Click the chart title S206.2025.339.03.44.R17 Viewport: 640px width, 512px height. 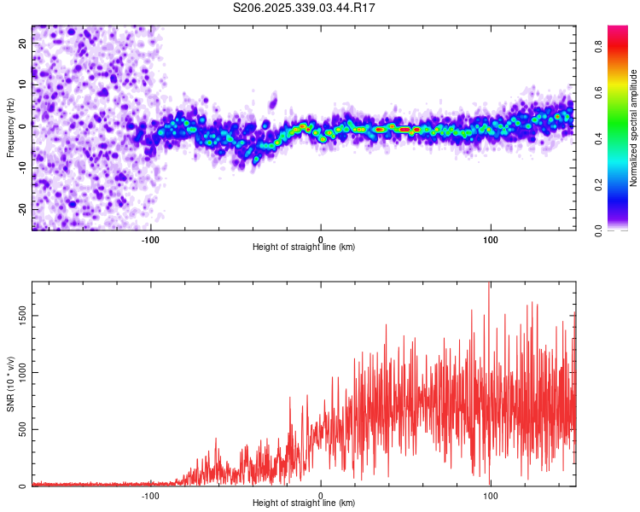pyautogui.click(x=305, y=8)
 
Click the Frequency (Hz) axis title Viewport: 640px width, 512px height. pyautogui.click(x=10, y=127)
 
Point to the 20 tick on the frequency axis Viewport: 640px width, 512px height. pyautogui.click(x=24, y=44)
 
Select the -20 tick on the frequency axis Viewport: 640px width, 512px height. pyautogui.click(x=24, y=208)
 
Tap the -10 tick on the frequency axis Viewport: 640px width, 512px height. pyautogui.click(x=24, y=167)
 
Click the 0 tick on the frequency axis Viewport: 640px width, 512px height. pyautogui.click(x=24, y=126)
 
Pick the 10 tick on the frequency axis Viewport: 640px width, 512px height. pyautogui.click(x=24, y=85)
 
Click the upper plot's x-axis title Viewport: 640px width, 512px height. pyautogui.click(x=304, y=247)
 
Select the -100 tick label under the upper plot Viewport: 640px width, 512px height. pyautogui.click(x=150, y=239)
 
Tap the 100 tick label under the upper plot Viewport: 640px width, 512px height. pyautogui.click(x=491, y=239)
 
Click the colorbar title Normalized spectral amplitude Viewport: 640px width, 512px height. pyautogui.click(x=634, y=127)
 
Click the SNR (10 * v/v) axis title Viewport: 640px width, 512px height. pyautogui.click(x=10, y=384)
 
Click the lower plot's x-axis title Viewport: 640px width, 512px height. pyautogui.click(x=304, y=503)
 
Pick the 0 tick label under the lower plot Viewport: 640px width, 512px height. pyautogui.click(x=321, y=495)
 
